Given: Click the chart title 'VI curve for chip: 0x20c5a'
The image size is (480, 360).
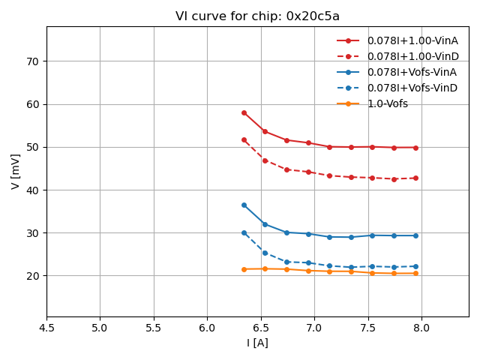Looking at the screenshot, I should click(257, 16).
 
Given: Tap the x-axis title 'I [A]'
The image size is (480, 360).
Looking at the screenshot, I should click(257, 343).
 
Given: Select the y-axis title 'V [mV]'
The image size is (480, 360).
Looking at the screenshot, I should click(16, 171).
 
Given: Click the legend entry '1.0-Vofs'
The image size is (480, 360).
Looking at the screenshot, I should click(387, 103).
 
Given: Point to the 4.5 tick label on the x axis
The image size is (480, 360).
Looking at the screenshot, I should click(46, 328).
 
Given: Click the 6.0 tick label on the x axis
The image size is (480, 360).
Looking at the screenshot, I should click(207, 328).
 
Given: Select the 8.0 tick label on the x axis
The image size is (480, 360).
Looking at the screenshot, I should click(421, 328).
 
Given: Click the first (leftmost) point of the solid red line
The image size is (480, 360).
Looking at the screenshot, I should click(244, 112).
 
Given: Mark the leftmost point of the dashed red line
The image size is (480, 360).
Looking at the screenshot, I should click(244, 139).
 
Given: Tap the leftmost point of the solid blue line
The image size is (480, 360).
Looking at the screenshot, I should click(244, 205).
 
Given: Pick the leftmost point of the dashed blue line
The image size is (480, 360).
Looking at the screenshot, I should click(244, 232).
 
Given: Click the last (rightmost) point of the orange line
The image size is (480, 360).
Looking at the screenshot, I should click(415, 273).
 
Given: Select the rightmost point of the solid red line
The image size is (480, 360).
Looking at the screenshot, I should click(415, 148).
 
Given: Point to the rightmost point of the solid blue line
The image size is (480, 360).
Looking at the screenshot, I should click(415, 235).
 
